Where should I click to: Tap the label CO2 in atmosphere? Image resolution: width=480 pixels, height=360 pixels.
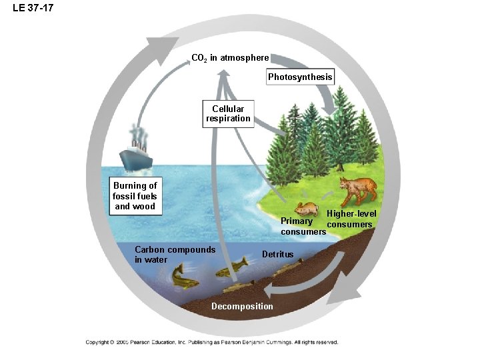click(230, 58)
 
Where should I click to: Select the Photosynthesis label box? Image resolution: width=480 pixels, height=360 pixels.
click(299, 77)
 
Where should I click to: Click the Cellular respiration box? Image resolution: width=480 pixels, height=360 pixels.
click(228, 113)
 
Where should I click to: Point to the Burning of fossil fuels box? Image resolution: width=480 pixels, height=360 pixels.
click(135, 196)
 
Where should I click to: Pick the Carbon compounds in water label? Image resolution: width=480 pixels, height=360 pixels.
click(175, 255)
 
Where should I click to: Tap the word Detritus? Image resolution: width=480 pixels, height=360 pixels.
click(277, 254)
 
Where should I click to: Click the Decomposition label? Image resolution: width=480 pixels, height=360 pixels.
click(242, 306)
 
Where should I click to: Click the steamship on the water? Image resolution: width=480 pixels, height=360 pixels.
click(137, 155)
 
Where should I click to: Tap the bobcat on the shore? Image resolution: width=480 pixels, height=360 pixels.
click(357, 189)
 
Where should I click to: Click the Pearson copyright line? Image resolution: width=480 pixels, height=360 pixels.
click(211, 342)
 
